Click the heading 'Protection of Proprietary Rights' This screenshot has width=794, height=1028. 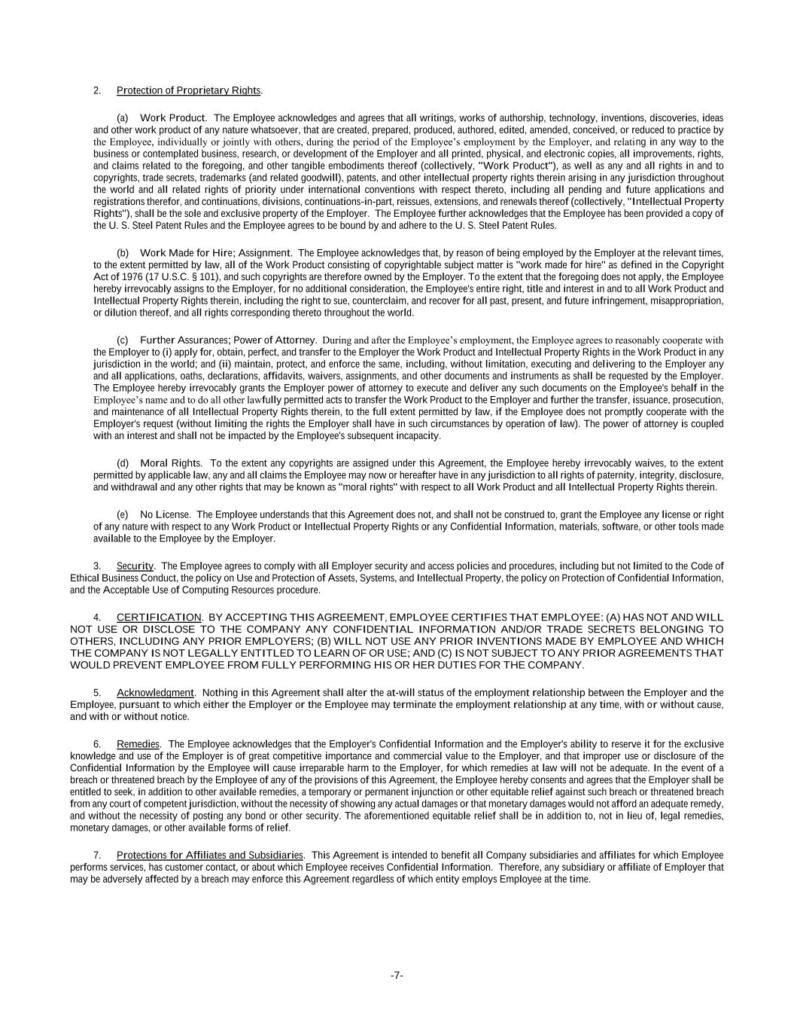188,91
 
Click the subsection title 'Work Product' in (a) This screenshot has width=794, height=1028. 172,118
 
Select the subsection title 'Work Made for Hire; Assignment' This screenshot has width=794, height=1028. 214,253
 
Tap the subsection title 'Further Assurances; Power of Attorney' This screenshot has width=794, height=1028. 227,340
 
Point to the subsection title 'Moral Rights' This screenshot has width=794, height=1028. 170,463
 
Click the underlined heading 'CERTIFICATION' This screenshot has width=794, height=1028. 159,618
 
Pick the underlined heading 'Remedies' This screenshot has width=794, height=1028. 138,745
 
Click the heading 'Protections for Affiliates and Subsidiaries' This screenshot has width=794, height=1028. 210,856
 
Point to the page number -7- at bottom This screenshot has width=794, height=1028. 397,976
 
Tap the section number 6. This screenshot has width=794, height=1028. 97,745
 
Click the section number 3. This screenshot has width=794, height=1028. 97,566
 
